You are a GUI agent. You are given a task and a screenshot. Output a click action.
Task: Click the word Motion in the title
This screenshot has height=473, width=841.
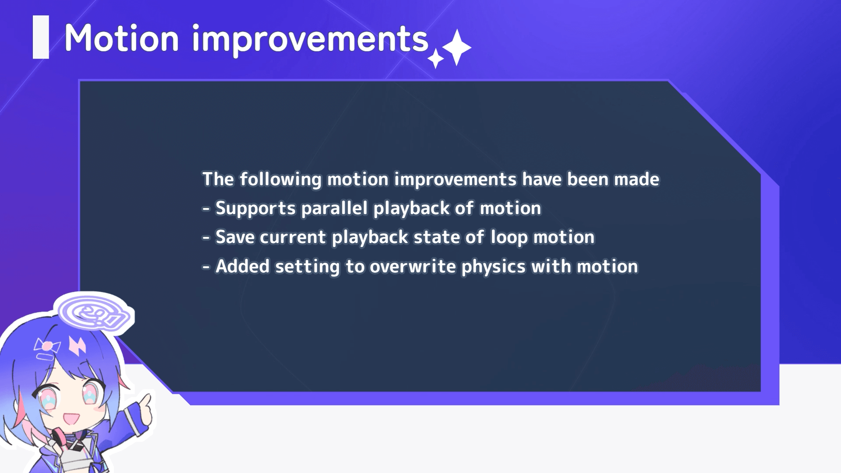click(x=122, y=38)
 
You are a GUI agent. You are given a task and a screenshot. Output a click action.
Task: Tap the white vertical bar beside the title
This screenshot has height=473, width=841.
click(x=41, y=37)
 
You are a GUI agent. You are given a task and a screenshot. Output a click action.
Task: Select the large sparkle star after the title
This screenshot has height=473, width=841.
click(x=457, y=47)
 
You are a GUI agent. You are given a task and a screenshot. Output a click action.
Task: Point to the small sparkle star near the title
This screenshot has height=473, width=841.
click(x=436, y=59)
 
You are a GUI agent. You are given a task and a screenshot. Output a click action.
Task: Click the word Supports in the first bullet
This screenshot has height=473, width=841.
click(x=255, y=208)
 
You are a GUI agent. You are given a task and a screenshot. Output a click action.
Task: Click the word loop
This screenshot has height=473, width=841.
click(x=509, y=238)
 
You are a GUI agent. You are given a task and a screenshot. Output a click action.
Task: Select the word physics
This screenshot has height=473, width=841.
click(x=493, y=267)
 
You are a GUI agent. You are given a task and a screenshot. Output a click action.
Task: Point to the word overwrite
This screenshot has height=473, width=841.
click(x=413, y=266)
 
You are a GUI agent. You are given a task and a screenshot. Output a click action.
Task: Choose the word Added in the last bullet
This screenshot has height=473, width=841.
click(x=242, y=266)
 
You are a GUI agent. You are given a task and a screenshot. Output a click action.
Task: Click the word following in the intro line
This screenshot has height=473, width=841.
click(x=280, y=180)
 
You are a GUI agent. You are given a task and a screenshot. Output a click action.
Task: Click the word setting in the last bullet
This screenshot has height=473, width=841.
click(x=307, y=267)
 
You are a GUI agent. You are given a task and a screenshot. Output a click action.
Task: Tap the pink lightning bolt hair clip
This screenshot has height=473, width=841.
click(x=78, y=345)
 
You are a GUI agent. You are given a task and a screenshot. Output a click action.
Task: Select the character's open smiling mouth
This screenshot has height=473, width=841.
click(x=71, y=418)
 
